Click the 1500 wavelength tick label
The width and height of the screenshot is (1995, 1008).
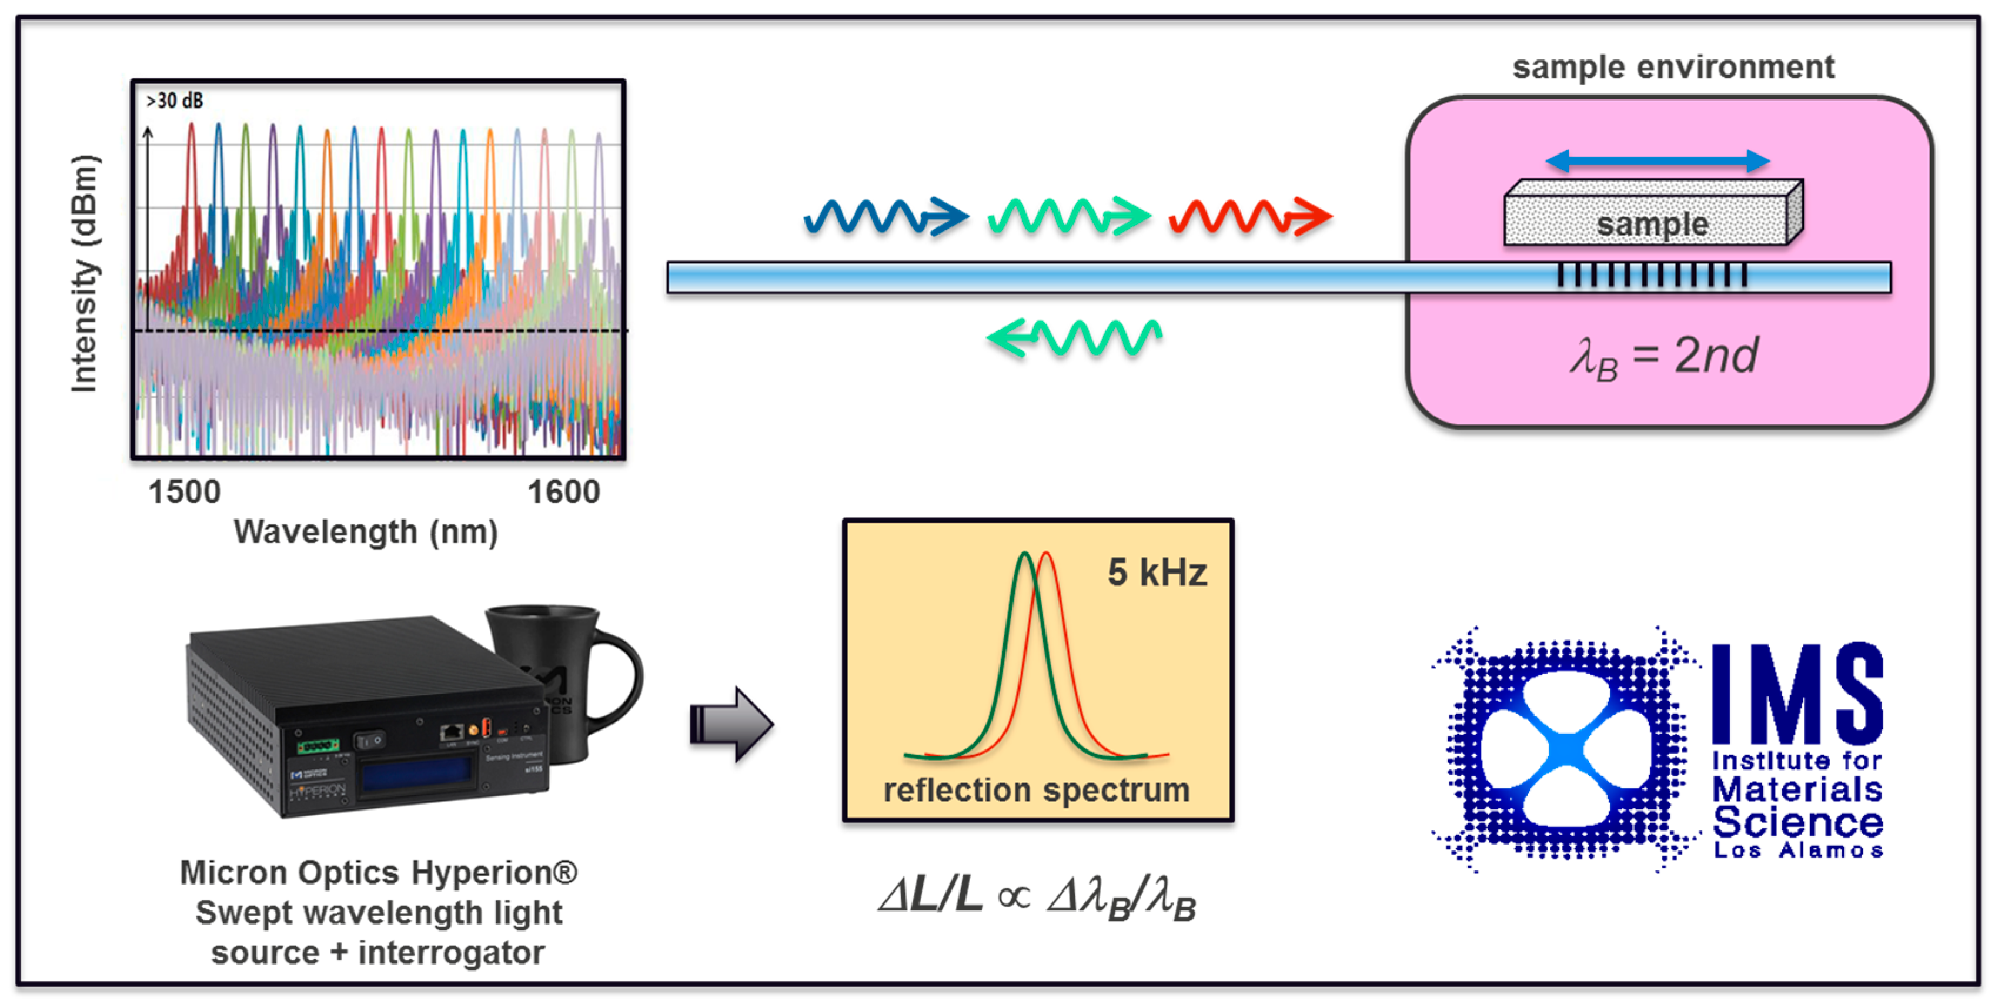click(x=184, y=493)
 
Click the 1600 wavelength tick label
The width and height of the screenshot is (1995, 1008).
click(x=563, y=493)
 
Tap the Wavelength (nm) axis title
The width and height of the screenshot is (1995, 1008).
click(x=366, y=533)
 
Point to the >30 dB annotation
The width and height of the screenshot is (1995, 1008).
click(x=175, y=101)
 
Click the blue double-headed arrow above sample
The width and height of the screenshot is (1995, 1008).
click(x=1658, y=161)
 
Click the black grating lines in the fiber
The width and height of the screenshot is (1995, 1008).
click(x=1652, y=276)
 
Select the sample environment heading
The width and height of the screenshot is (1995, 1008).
click(x=1673, y=68)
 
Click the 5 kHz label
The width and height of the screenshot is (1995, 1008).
click(x=1157, y=573)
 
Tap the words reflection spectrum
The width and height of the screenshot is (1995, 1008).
click(x=1036, y=791)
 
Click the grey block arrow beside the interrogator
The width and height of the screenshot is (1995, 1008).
click(x=730, y=725)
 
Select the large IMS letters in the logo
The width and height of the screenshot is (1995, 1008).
click(x=1797, y=694)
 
